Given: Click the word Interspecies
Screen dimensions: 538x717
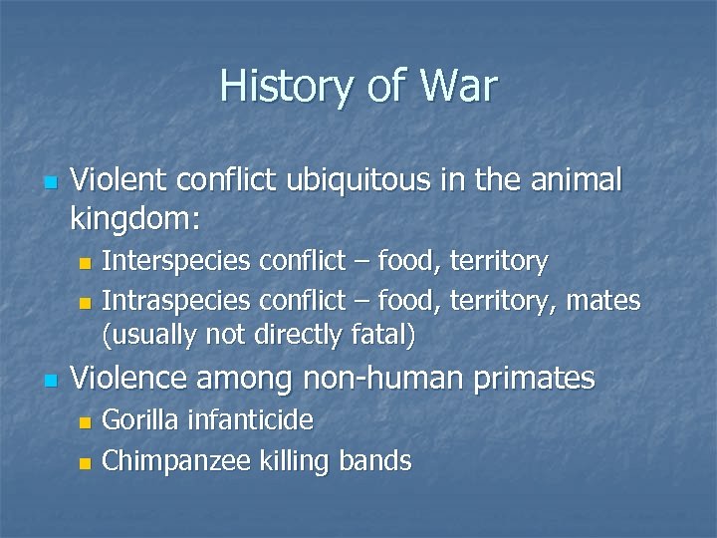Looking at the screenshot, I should (x=177, y=261).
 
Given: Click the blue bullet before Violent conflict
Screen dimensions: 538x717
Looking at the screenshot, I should (x=51, y=183).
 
